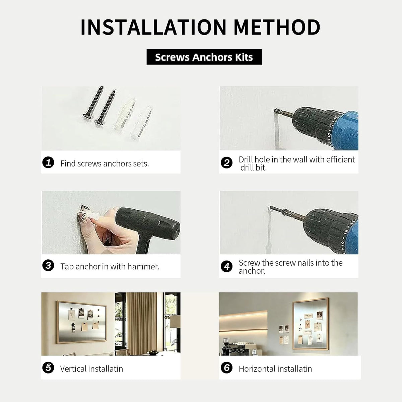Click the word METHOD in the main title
[277, 27]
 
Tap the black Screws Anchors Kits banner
[204, 57]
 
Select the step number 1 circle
[48, 162]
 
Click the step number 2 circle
[226, 163]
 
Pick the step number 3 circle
[48, 265]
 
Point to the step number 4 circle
[226, 266]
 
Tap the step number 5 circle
[48, 368]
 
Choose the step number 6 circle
[226, 368]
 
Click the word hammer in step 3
[143, 267]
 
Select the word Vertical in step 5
[73, 369]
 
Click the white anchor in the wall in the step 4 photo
[270, 208]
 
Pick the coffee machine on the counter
[227, 347]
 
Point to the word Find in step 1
[68, 163]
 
